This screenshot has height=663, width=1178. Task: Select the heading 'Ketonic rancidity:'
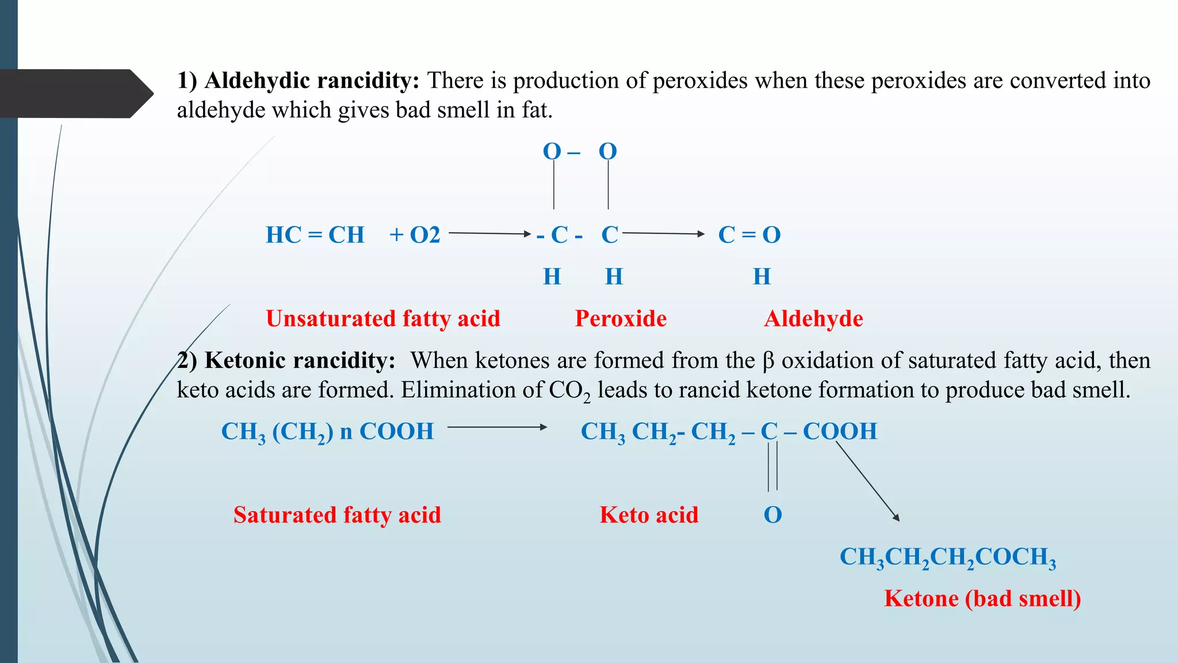click(300, 360)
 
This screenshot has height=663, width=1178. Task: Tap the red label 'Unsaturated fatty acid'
click(383, 318)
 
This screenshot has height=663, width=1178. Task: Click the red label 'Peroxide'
click(621, 318)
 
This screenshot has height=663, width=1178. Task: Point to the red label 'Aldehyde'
click(813, 318)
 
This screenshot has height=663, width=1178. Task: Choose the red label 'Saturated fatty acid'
click(337, 515)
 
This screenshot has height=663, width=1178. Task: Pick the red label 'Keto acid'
click(649, 515)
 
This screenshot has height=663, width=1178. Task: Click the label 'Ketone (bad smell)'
click(982, 599)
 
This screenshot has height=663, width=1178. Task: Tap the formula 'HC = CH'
click(315, 235)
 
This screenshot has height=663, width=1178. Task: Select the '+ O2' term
click(415, 235)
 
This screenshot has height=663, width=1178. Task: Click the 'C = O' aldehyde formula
click(749, 235)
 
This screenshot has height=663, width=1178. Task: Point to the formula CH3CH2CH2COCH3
click(948, 557)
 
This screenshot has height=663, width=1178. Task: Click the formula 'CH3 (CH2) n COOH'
click(327, 432)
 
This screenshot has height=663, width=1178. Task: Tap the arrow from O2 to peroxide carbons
click(489, 233)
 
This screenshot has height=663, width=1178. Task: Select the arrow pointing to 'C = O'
click(663, 233)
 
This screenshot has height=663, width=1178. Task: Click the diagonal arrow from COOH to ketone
click(867, 481)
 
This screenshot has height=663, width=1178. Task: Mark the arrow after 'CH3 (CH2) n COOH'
click(497, 427)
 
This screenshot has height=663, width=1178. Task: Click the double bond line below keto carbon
click(772, 466)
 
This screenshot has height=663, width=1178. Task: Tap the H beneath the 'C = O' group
click(762, 277)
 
